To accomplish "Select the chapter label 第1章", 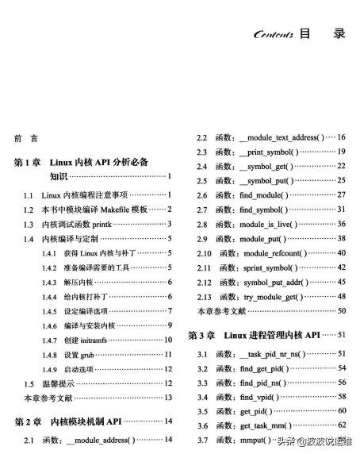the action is click(30, 161).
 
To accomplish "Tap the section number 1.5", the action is click(27, 383).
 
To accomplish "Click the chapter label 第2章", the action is click(30, 420).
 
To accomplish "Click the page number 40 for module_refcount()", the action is click(342, 252).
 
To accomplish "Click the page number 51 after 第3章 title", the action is click(342, 334).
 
